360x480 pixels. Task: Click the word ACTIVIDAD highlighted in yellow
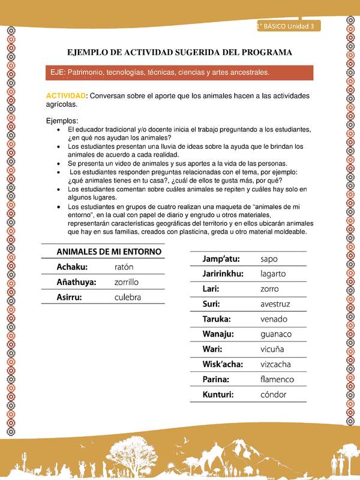coord(66,96)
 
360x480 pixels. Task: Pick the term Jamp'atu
coord(222,259)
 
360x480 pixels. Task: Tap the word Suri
coord(212,304)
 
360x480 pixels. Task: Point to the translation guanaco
coord(276,334)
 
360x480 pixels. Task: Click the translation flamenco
coord(277,379)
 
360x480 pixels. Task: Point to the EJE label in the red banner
coord(58,72)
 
